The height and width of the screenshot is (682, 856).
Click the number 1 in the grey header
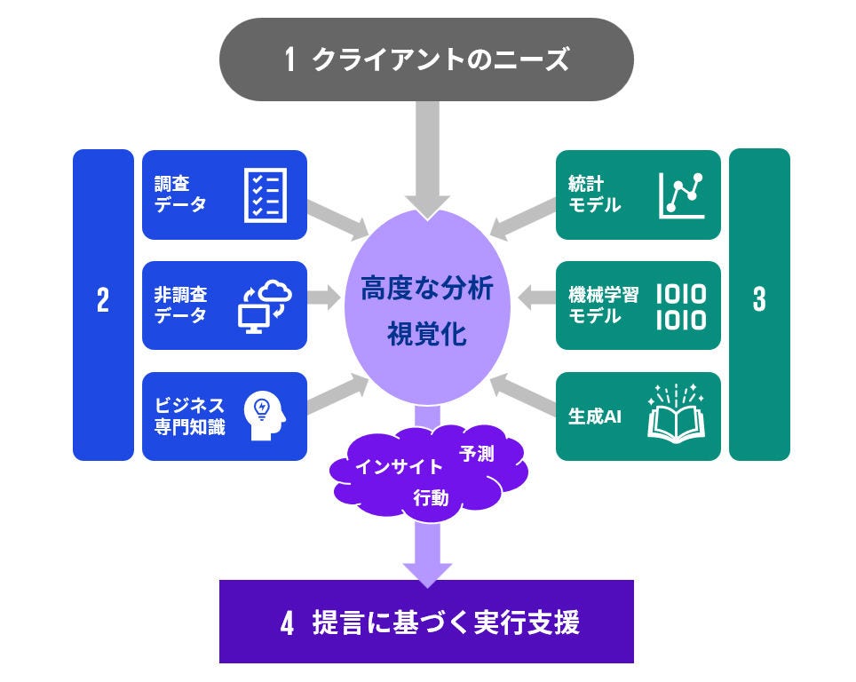click(x=290, y=60)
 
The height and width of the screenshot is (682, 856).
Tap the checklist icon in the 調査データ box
click(x=264, y=194)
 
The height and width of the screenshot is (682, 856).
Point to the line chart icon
click(x=681, y=194)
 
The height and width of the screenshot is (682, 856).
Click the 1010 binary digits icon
click(x=681, y=306)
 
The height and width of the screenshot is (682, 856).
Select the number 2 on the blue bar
click(x=103, y=302)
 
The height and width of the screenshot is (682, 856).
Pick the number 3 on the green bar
click(x=759, y=301)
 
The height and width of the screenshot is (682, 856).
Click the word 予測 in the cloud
click(x=477, y=454)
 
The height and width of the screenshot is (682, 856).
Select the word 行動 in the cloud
click(x=432, y=499)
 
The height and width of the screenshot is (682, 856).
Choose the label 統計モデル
click(x=594, y=194)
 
